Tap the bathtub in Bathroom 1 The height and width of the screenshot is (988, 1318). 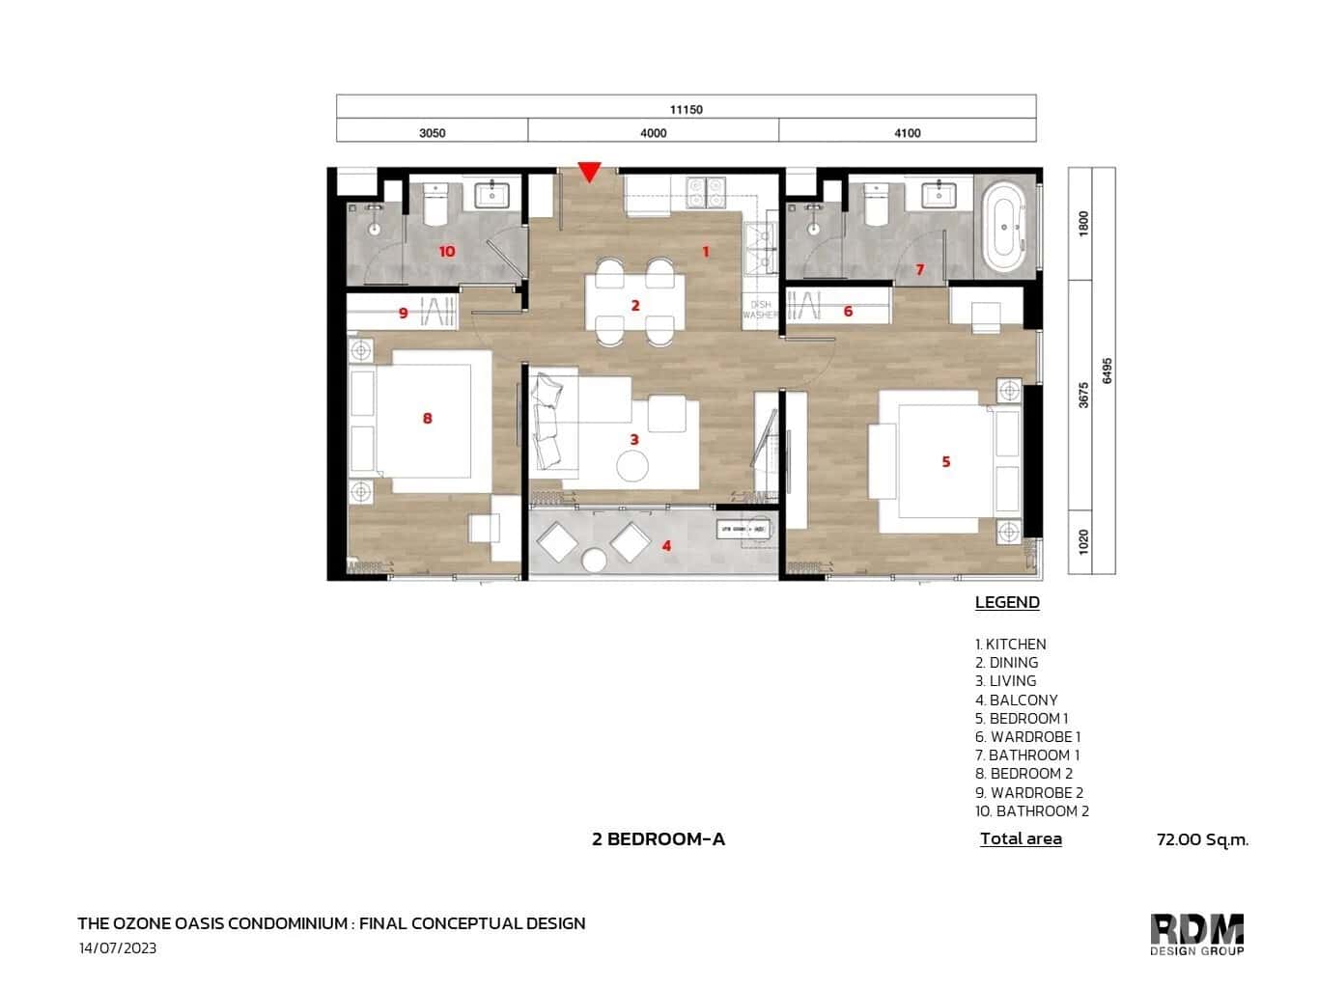click(1005, 227)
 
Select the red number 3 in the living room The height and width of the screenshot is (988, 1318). click(634, 440)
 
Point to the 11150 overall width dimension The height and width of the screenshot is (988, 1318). click(686, 109)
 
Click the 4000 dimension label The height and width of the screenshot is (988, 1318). click(653, 133)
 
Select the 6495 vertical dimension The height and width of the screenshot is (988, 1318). click(1107, 370)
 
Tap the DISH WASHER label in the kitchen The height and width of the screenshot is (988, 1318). click(760, 310)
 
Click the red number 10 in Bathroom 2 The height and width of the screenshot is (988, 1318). click(446, 252)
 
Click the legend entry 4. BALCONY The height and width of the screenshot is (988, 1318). click(1017, 700)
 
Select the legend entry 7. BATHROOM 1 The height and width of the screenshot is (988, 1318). click(1027, 755)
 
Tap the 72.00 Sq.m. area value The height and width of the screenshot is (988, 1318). click(1202, 839)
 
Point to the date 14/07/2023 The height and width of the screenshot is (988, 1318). click(118, 948)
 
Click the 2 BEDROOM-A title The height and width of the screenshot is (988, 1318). click(659, 839)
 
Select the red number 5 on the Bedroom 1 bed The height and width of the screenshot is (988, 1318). click(946, 462)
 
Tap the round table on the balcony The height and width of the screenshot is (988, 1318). click(594, 560)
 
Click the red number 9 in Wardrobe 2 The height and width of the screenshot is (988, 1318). click(404, 313)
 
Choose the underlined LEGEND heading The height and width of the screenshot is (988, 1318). click(1007, 603)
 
